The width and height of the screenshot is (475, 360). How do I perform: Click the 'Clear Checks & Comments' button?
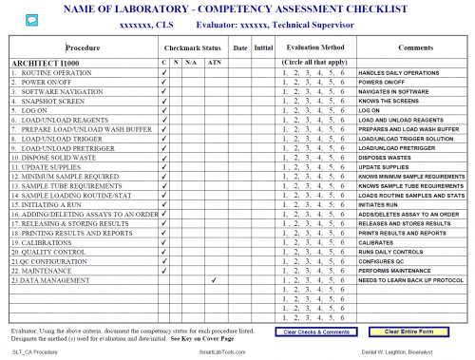(x=314, y=332)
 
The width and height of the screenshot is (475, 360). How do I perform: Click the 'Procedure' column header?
(x=85, y=47)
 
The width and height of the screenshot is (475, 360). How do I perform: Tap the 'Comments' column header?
(x=415, y=47)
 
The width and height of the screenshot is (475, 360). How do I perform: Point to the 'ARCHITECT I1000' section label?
(x=46, y=62)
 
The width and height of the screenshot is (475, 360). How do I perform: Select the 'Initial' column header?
(x=264, y=47)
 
